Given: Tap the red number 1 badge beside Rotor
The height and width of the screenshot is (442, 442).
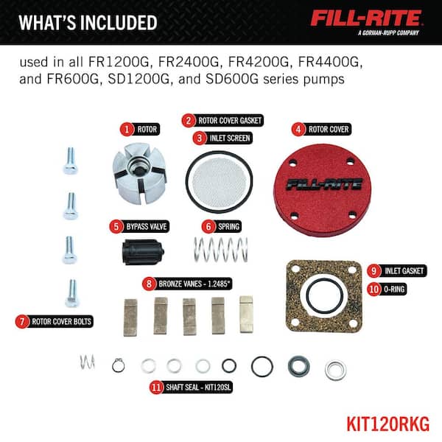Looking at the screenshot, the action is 127,130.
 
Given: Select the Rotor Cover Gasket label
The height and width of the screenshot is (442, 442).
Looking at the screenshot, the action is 222,121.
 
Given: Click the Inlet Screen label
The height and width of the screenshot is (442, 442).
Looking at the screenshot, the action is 222,138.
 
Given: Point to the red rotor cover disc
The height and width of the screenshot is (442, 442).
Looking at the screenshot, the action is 323,190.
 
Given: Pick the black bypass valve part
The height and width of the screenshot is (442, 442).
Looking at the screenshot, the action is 143,252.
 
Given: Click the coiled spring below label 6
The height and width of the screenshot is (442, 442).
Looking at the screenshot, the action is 221,250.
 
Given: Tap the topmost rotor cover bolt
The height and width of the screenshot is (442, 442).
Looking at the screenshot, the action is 70,161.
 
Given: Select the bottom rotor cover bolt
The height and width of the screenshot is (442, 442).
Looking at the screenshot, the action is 72,293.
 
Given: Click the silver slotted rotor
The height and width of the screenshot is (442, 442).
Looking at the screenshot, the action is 140,174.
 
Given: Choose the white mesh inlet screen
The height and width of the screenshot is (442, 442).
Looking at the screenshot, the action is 219,183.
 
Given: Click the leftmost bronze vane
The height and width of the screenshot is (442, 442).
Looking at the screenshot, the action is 130,318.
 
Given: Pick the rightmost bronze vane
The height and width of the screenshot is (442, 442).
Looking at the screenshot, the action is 246,315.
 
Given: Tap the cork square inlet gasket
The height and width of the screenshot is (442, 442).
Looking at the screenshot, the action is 324,296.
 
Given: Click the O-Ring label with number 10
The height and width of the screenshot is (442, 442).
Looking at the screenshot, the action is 387,290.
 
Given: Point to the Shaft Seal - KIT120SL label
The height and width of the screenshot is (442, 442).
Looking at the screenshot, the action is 191,387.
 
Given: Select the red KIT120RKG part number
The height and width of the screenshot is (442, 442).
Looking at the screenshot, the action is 388,424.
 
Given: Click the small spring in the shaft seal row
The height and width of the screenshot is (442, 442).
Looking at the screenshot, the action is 88,362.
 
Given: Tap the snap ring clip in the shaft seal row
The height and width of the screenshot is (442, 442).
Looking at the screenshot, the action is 119,365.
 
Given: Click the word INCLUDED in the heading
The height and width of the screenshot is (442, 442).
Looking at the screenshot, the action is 119,23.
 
